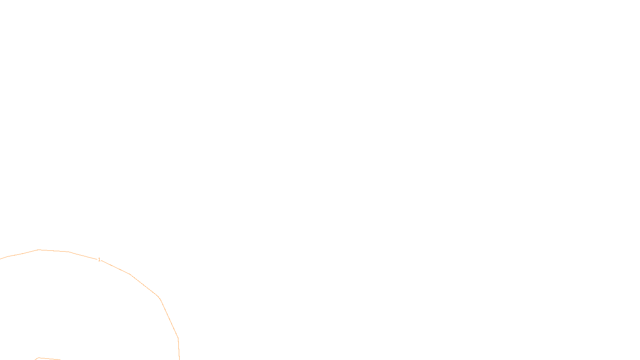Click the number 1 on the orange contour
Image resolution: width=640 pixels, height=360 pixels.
[99, 260]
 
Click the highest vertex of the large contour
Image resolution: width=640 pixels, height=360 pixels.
[38, 250]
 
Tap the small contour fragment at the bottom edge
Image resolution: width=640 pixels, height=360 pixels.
[48, 359]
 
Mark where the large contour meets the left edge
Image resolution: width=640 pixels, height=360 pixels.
[1, 259]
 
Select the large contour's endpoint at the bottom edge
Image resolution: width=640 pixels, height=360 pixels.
[179, 359]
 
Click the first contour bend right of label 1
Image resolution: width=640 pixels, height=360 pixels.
[130, 274]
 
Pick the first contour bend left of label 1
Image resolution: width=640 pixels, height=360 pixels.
[69, 252]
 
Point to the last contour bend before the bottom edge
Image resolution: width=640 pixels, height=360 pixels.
[178, 338]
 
